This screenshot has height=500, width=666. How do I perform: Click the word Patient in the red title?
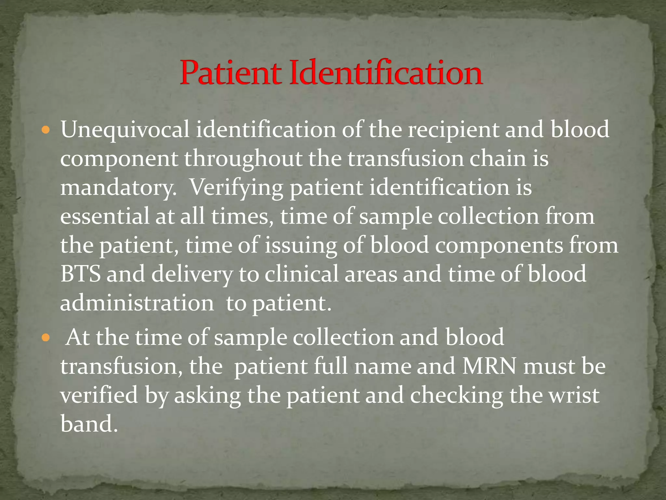pyautogui.click(x=230, y=73)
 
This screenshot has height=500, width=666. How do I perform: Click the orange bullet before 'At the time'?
pyautogui.click(x=46, y=338)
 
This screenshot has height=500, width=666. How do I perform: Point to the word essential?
pyautogui.click(x=104, y=217)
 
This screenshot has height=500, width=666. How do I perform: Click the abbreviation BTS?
pyautogui.click(x=80, y=274)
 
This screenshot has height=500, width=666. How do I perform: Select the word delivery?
pyautogui.click(x=192, y=274)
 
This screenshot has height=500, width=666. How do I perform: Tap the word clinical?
pyautogui.click(x=301, y=274)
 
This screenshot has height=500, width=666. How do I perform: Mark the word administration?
pyautogui.click(x=137, y=303)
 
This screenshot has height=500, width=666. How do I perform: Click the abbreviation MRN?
pyautogui.click(x=489, y=367)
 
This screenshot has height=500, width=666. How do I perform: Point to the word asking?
pyautogui.click(x=207, y=396)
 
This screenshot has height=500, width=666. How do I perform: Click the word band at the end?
pyautogui.click(x=88, y=424)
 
